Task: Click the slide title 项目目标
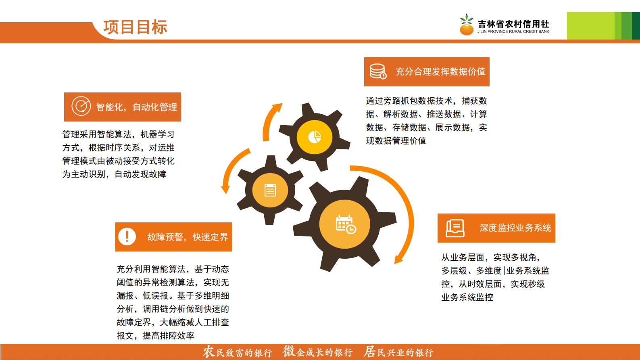click(135, 27)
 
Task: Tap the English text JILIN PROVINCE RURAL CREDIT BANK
click(513, 31)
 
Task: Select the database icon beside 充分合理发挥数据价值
click(378, 71)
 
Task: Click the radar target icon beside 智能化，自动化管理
click(81, 106)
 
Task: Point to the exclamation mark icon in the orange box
click(127, 237)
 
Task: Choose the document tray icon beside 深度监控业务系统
click(455, 228)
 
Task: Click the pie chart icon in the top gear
click(315, 137)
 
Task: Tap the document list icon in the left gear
click(270, 190)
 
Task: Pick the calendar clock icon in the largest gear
click(346, 224)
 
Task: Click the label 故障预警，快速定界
click(188, 237)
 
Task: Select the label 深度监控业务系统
click(515, 228)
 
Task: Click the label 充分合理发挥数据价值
click(440, 72)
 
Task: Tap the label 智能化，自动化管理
click(136, 107)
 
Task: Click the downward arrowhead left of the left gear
click(225, 188)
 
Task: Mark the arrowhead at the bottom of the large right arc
click(399, 259)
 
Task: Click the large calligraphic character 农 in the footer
click(208, 352)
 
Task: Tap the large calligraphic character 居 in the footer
click(369, 352)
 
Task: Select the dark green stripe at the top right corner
click(636, 26)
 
